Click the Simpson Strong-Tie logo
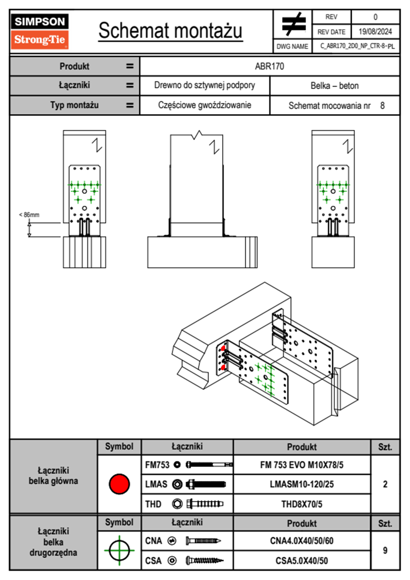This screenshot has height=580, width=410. click(40, 31)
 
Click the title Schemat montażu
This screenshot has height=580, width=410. click(171, 31)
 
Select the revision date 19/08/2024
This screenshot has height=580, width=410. click(375, 32)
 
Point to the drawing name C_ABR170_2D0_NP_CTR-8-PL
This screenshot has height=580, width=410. click(358, 46)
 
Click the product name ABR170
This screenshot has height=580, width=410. click(269, 66)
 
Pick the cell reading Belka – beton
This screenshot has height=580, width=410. click(335, 86)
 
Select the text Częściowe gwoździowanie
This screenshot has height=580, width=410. click(205, 105)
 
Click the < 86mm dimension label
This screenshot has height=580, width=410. click(29, 214)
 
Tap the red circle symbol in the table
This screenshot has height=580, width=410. click(119, 484)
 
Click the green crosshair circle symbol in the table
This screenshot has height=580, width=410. click(119, 550)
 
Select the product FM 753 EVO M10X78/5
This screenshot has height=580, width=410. click(302, 465)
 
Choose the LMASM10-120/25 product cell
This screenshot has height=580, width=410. click(302, 484)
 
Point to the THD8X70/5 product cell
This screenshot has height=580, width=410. click(302, 504)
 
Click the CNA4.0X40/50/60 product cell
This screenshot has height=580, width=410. click(302, 541)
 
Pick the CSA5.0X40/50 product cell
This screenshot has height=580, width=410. click(302, 561)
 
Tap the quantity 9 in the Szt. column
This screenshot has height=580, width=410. click(385, 550)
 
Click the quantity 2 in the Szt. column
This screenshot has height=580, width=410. click(385, 484)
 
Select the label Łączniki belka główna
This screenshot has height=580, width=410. click(53, 476)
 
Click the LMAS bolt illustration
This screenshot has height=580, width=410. click(206, 484)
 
